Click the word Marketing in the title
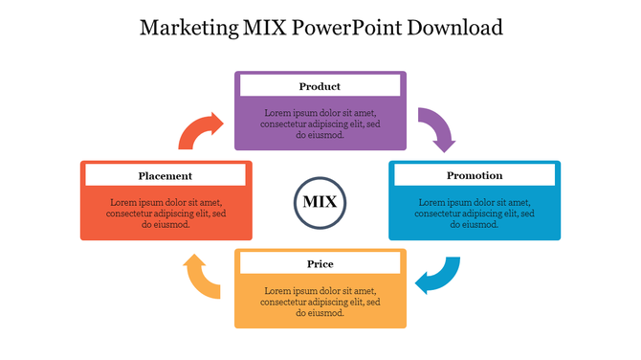coord(186,27)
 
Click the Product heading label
coord(320,86)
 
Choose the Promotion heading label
coord(475,175)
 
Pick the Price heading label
coord(320,263)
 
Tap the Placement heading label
coord(166,175)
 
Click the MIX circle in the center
coord(320,202)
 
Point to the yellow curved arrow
coord(202,277)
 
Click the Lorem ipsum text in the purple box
coord(320,123)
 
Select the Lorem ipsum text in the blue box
coord(475,213)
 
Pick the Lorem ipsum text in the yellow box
coord(320,302)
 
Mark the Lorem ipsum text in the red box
coord(166,213)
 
